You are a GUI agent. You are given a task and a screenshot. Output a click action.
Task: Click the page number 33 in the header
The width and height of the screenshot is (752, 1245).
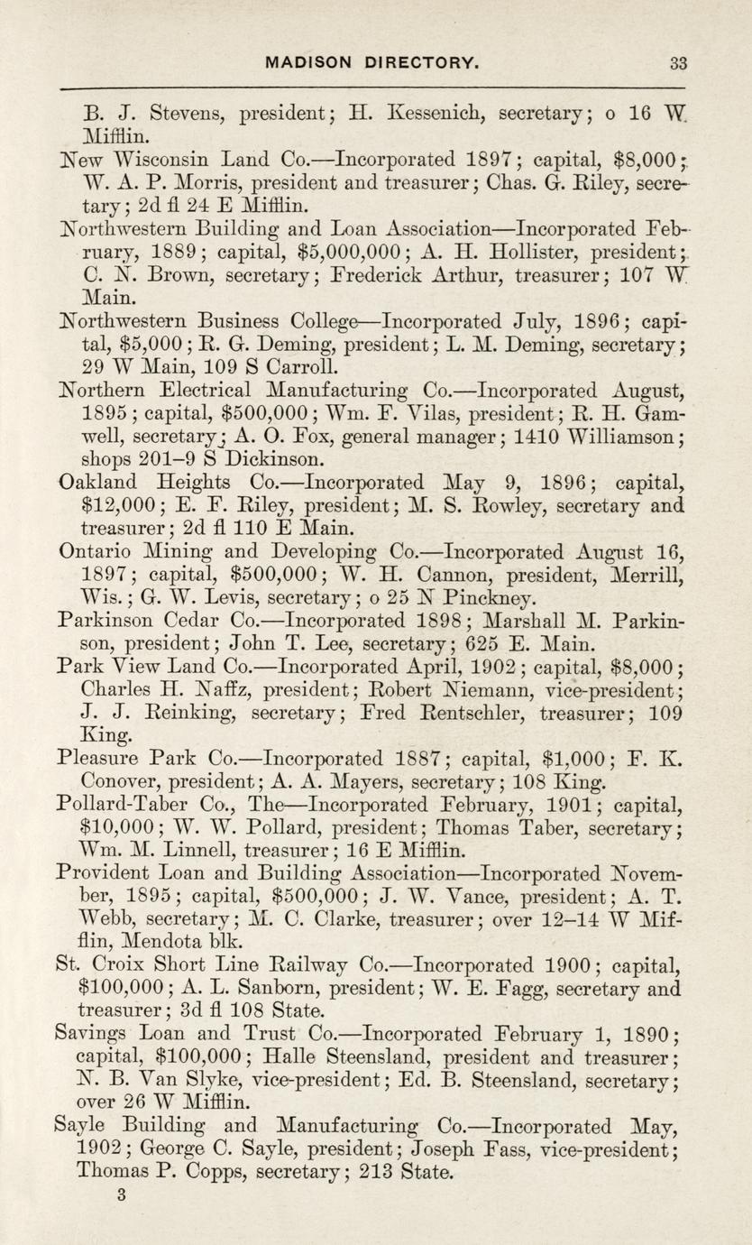pos(679,63)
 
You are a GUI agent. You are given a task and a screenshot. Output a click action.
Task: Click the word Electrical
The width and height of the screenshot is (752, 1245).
pos(208,392)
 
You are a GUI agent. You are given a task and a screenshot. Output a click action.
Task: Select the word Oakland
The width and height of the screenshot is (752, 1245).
pos(96,483)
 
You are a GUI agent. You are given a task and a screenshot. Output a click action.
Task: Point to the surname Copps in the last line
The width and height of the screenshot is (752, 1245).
pos(217,1173)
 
